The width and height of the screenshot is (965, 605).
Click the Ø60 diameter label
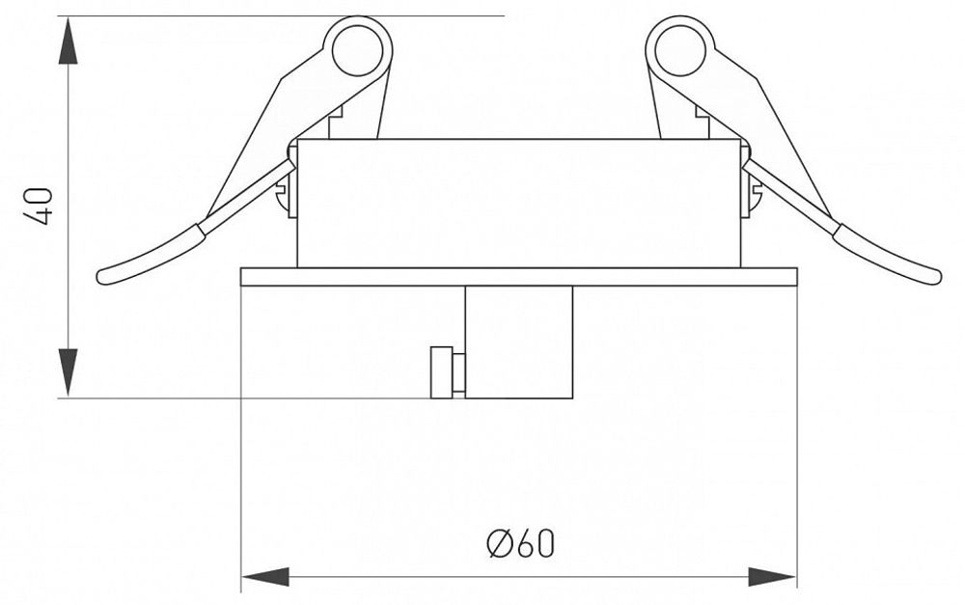[521, 544]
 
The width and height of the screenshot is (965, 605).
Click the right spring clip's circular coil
[679, 48]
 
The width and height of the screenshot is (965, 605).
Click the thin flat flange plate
[518, 276]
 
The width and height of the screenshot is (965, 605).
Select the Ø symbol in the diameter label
[498, 544]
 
